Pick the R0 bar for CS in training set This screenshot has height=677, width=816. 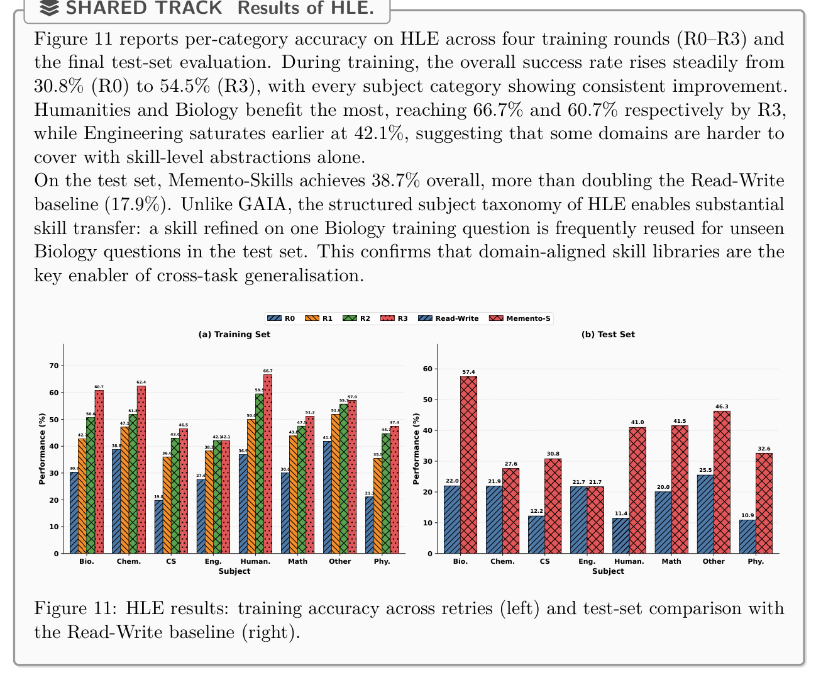click(158, 527)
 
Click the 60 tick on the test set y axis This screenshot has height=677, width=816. click(427, 369)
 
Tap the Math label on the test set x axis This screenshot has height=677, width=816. click(671, 561)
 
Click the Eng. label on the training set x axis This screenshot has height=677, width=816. click(213, 561)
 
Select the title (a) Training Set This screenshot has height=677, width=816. click(234, 335)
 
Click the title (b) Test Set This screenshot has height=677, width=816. click(608, 335)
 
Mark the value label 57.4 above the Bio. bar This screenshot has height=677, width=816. click(468, 372)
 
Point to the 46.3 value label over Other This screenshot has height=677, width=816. click(722, 406)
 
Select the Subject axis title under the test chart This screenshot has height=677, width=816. click(608, 571)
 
